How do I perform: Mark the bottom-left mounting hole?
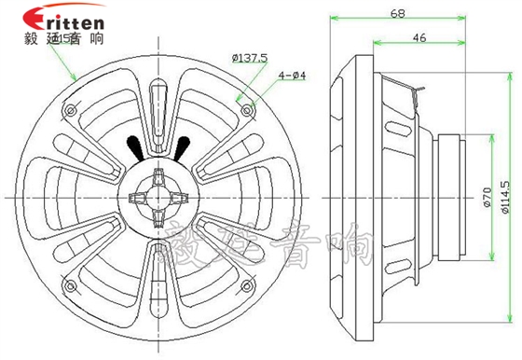[71, 284]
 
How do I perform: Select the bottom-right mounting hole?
[246, 284]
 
